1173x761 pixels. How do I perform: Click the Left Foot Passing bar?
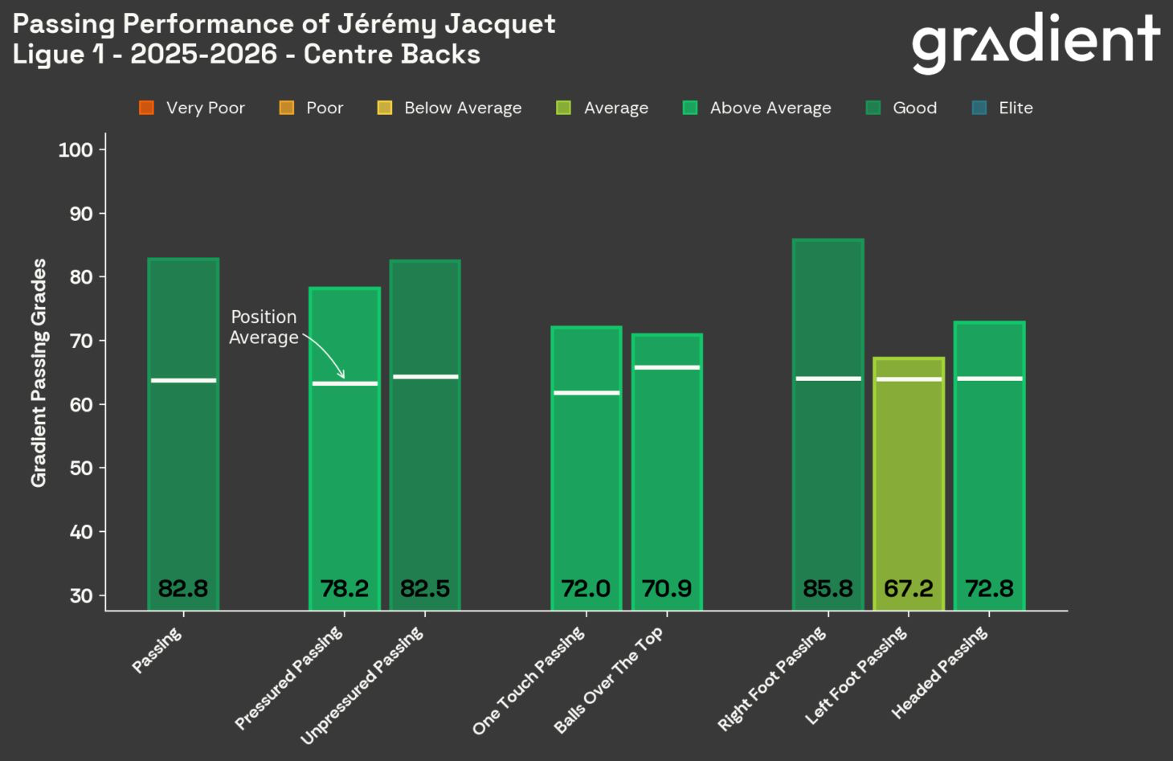[908, 482]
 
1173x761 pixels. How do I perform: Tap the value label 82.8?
[183, 589]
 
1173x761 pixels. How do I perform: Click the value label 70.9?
[667, 589]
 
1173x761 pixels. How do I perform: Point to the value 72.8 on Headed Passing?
[989, 589]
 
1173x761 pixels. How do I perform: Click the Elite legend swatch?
[979, 108]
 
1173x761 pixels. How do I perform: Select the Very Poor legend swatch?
[146, 108]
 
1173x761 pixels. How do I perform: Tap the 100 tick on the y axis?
[76, 149]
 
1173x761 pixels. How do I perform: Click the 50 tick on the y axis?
[81, 468]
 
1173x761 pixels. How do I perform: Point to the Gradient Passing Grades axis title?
[39, 372]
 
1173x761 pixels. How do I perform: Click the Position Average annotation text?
[264, 327]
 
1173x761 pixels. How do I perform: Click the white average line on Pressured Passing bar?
[344, 383]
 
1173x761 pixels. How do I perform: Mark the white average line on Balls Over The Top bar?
[667, 367]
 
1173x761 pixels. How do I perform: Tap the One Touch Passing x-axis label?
[530, 681]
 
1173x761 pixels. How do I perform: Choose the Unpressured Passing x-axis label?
[363, 685]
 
